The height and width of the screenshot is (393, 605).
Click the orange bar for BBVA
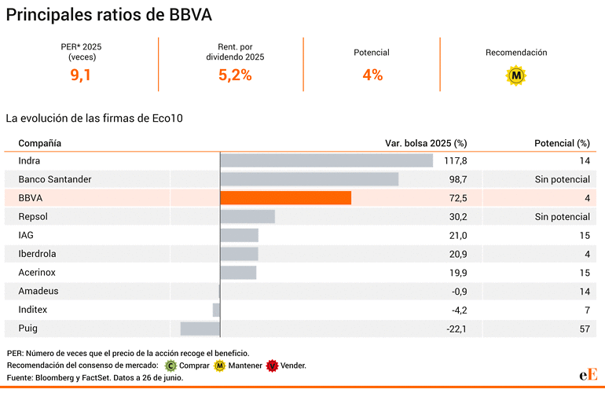pyautogui.click(x=285, y=198)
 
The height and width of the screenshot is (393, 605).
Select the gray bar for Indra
pyautogui.click(x=326, y=160)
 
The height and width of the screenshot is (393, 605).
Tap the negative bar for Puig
pyautogui.click(x=200, y=329)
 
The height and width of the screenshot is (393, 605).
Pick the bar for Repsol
pyautogui.click(x=247, y=216)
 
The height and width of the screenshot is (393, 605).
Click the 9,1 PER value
pyautogui.click(x=81, y=75)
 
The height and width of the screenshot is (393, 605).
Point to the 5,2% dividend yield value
pyautogui.click(x=235, y=75)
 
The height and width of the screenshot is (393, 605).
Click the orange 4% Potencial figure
pyautogui.click(x=372, y=75)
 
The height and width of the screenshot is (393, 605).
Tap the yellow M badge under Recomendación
pyautogui.click(x=516, y=75)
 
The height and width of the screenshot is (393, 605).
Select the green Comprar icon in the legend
pyautogui.click(x=171, y=365)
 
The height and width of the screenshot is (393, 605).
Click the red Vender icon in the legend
pyautogui.click(x=273, y=365)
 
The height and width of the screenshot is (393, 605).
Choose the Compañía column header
pyautogui.click(x=40, y=143)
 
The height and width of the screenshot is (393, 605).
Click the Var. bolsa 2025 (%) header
pyautogui.click(x=426, y=143)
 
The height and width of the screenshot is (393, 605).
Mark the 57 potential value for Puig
pyautogui.click(x=584, y=329)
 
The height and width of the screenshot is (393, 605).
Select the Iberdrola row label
pyautogui.click(x=38, y=254)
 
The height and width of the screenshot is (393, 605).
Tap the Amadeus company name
pyautogui.click(x=38, y=291)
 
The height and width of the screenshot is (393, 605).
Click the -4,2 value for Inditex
pyautogui.click(x=457, y=310)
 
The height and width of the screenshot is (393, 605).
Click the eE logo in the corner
pyautogui.click(x=588, y=375)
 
